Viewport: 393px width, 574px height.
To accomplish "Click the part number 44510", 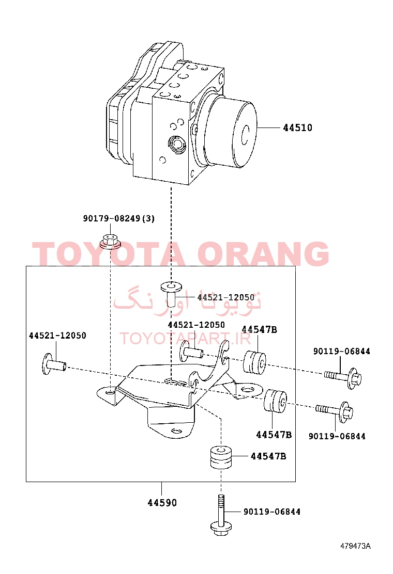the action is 297,128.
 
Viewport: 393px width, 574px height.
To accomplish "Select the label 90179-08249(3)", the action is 119,218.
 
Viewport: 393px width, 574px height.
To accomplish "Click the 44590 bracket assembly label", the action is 162,503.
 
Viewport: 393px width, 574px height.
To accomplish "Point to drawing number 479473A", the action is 355,546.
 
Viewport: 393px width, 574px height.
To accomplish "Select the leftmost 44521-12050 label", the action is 57,336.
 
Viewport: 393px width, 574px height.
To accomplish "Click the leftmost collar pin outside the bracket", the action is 54,364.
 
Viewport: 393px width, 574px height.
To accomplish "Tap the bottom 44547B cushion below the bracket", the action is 221,457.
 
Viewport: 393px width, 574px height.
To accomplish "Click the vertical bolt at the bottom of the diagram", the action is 221,516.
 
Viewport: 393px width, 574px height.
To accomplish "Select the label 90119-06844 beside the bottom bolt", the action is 272,512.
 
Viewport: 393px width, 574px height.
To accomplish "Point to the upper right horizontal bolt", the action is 343,377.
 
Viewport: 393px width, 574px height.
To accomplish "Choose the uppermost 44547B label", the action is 259,329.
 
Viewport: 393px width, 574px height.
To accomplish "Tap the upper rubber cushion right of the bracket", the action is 255,362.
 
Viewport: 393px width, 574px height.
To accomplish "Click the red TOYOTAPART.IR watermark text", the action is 185,339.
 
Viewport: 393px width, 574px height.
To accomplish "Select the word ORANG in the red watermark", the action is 263,253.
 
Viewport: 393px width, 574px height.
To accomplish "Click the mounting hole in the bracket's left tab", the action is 110,393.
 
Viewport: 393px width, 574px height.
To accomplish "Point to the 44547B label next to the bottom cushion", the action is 268,456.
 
